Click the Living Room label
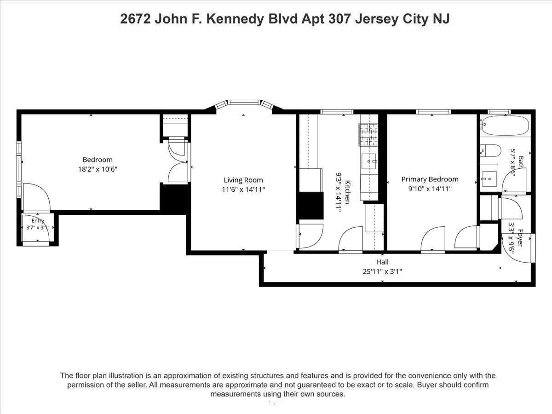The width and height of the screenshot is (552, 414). (x=243, y=180)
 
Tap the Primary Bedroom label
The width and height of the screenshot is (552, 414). (x=430, y=179)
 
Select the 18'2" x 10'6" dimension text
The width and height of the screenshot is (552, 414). (x=98, y=169)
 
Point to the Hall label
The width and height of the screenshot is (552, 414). (x=382, y=262)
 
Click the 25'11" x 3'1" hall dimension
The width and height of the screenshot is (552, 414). (x=382, y=271)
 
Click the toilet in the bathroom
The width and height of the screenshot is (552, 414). (x=490, y=150)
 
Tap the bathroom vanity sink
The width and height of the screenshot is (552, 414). (x=489, y=179)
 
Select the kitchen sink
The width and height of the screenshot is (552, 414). (x=368, y=161)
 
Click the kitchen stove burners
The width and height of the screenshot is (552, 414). (x=368, y=135)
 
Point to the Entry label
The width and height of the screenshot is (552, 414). (x=38, y=221)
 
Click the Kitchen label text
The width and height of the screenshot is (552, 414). (x=348, y=192)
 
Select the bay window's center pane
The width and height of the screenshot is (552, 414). (x=243, y=102)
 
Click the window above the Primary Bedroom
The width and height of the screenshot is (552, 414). (x=433, y=112)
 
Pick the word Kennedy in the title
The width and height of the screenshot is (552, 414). (x=235, y=19)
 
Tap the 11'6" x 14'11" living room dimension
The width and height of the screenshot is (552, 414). (x=243, y=189)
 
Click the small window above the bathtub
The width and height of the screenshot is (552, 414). (x=499, y=112)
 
